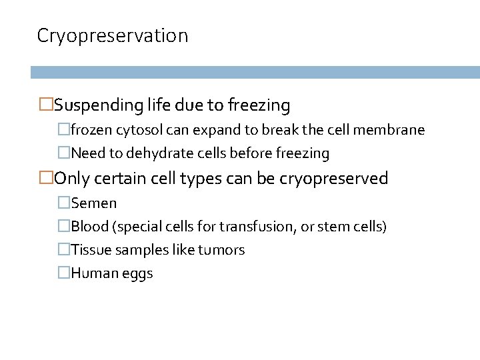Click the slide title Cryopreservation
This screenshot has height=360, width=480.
113,36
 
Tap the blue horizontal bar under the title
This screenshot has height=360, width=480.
255,73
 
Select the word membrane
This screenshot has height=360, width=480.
393,130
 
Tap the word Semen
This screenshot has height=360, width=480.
94,203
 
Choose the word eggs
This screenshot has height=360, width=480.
138,274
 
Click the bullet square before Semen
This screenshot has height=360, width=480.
63,203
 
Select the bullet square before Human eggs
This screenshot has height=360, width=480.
63,273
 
